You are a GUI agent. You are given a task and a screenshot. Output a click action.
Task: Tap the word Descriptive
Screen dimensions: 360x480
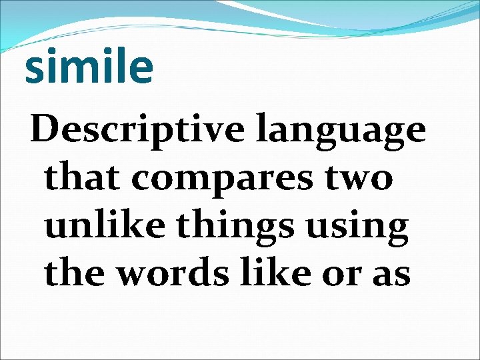click(137, 129)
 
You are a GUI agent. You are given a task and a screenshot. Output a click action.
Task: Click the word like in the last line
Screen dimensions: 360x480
click(281, 273)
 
